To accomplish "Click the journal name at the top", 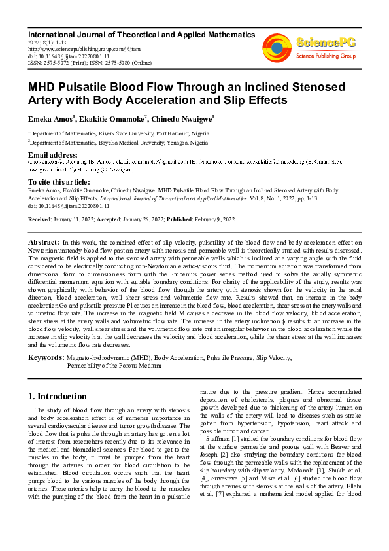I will click(141, 34).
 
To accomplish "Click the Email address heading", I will click(53, 154).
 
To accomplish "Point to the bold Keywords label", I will click(46, 357).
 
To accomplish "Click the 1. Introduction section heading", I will click(58, 396).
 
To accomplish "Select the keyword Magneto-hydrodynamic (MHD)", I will click(109, 358).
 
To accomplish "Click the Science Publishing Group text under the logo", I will click(325, 56).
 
